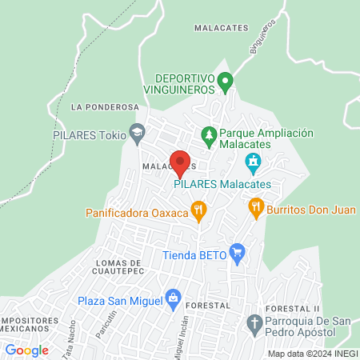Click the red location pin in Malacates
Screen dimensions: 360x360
(x=180, y=162)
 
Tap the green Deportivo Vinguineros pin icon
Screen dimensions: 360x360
(x=226, y=80)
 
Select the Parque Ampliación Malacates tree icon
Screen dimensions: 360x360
(x=209, y=134)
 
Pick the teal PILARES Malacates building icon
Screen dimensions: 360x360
(x=254, y=164)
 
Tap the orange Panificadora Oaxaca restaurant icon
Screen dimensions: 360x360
(x=199, y=211)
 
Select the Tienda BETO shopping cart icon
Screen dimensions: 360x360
(x=236, y=255)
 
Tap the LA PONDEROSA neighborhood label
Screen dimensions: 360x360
(x=105, y=106)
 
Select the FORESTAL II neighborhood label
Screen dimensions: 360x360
(x=294, y=308)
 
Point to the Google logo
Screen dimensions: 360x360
(x=27, y=350)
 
